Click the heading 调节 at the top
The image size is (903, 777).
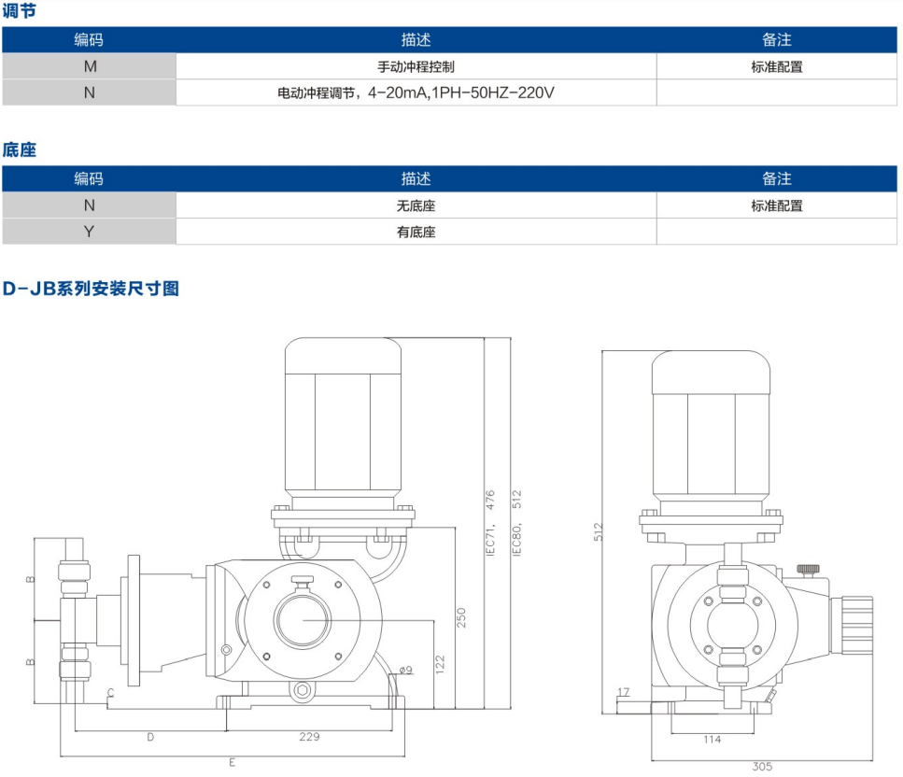click(x=20, y=11)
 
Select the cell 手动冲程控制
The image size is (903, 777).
click(x=416, y=66)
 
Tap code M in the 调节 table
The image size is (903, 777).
click(x=89, y=66)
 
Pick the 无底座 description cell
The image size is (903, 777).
click(x=416, y=205)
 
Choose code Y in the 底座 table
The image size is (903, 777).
click(x=89, y=232)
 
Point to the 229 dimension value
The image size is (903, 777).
click(x=309, y=737)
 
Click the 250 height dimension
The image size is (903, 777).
click(x=460, y=617)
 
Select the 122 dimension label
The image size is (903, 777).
click(x=440, y=664)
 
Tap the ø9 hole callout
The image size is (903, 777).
click(x=405, y=669)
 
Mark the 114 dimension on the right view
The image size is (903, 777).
click(x=712, y=740)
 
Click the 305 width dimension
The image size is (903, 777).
click(x=762, y=767)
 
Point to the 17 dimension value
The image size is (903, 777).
click(x=624, y=692)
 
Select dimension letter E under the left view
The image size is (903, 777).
click(x=232, y=763)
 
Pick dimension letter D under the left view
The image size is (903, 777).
click(x=150, y=737)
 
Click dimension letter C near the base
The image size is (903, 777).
click(x=110, y=693)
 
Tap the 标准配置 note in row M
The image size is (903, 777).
click(x=776, y=66)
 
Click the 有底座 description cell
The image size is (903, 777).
click(x=416, y=232)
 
